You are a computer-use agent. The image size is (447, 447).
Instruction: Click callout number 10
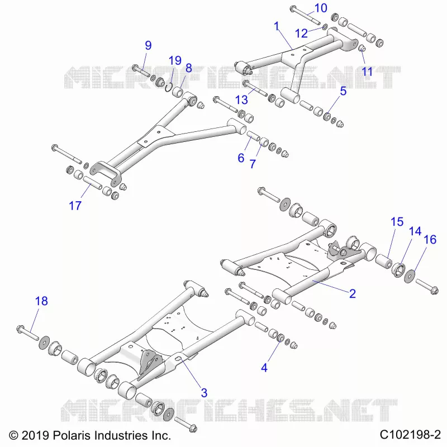click(321, 8)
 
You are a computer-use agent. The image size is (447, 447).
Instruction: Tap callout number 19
click(175, 60)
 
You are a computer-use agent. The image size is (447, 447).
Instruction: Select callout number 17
click(75, 206)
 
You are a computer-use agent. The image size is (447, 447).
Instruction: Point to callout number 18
click(41, 301)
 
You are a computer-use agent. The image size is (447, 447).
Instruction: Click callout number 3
click(204, 393)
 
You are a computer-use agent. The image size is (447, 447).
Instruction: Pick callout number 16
click(430, 240)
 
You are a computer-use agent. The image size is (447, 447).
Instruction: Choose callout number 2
click(353, 294)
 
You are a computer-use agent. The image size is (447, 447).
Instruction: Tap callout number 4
click(264, 368)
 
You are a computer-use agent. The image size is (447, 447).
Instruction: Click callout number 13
click(241, 100)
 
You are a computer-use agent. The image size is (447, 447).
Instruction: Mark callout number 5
click(343, 91)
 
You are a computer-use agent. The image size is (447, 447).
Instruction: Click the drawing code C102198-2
click(410, 435)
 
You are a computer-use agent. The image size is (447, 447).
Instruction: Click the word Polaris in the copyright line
click(72, 435)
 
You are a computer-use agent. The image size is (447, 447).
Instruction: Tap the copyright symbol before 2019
click(13, 435)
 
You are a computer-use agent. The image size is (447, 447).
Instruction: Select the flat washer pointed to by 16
click(410, 276)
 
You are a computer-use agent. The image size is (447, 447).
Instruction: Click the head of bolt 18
click(20, 329)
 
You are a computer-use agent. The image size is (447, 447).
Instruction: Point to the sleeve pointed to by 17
click(92, 183)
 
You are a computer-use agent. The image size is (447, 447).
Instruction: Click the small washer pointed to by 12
click(325, 27)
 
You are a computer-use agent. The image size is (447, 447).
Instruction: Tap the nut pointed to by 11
click(362, 48)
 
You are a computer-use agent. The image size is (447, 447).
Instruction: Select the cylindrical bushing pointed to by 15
click(384, 261)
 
